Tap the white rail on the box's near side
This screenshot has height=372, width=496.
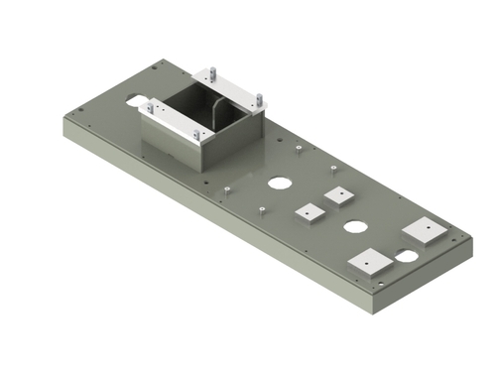pos(173,121)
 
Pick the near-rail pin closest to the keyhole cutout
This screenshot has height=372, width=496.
pos(149,105)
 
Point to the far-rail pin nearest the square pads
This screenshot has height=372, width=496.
pos(260,99)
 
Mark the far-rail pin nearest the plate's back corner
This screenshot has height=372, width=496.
pos(212,75)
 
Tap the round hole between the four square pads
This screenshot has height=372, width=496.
pos(354,227)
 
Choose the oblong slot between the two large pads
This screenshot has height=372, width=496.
pos(407,256)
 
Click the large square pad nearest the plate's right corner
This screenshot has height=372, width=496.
pos(425,230)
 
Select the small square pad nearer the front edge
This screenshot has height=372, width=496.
pos(310,213)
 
